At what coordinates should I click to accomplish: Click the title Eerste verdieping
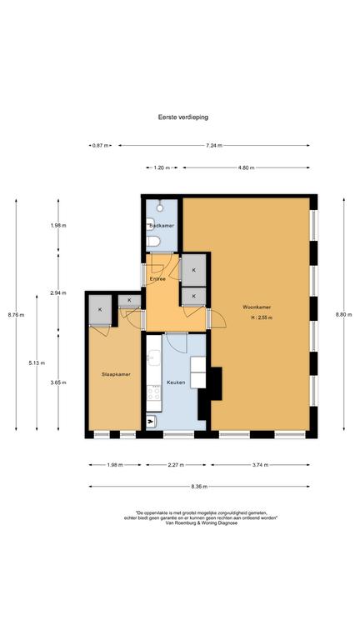click(x=183, y=117)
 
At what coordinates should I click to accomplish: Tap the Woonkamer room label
click(x=257, y=307)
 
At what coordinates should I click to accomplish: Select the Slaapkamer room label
click(x=116, y=374)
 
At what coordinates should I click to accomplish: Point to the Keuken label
click(x=176, y=382)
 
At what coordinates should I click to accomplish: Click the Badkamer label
click(x=162, y=225)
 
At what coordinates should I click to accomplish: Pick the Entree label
click(x=157, y=279)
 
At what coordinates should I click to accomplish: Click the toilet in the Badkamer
click(x=153, y=242)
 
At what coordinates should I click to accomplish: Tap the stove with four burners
click(x=154, y=393)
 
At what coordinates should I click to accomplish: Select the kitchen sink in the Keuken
click(x=153, y=358)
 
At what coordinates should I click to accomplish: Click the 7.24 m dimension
click(x=214, y=145)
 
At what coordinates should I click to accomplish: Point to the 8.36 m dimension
click(x=199, y=487)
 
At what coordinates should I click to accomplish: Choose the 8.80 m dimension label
click(x=343, y=314)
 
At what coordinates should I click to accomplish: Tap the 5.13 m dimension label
click(x=37, y=362)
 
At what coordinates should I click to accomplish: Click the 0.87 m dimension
click(x=100, y=145)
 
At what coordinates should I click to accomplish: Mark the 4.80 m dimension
click(x=246, y=167)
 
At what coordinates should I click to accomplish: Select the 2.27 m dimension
click(x=176, y=465)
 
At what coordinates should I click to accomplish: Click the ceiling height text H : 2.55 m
click(x=262, y=317)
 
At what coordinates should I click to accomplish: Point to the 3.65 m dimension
click(x=58, y=382)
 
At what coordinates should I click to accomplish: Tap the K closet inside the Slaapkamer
click(x=100, y=310)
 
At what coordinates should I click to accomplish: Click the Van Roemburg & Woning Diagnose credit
click(x=202, y=522)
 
